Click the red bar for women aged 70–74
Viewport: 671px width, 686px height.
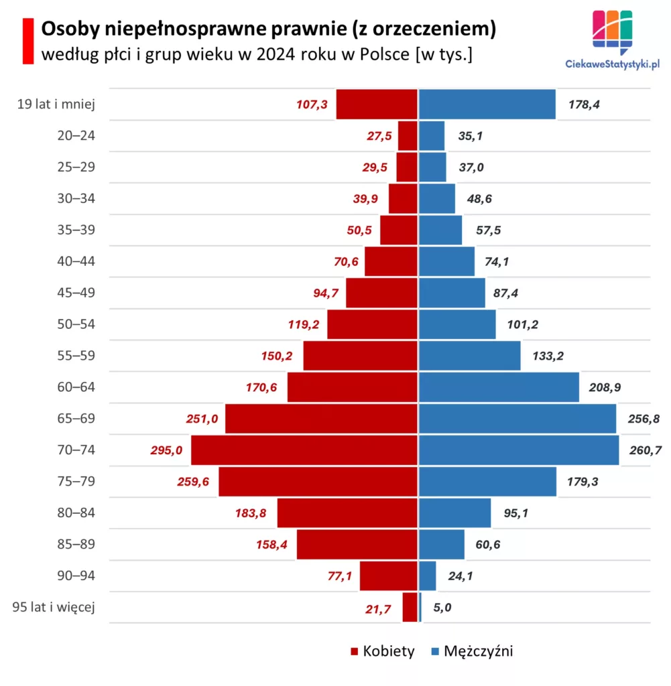(304, 450)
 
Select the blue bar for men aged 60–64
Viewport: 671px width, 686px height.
(499, 387)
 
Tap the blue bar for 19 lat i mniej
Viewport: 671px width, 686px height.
(487, 105)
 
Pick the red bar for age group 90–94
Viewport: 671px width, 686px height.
(389, 575)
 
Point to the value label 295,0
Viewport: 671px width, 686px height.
(166, 451)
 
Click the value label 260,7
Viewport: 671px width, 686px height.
(646, 450)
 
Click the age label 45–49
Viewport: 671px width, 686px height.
(76, 293)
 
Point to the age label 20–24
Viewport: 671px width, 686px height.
(76, 135)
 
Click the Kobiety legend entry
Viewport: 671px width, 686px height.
(383, 651)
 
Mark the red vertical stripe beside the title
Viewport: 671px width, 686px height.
(27, 41)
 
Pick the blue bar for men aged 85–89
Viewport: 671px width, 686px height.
(442, 545)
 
